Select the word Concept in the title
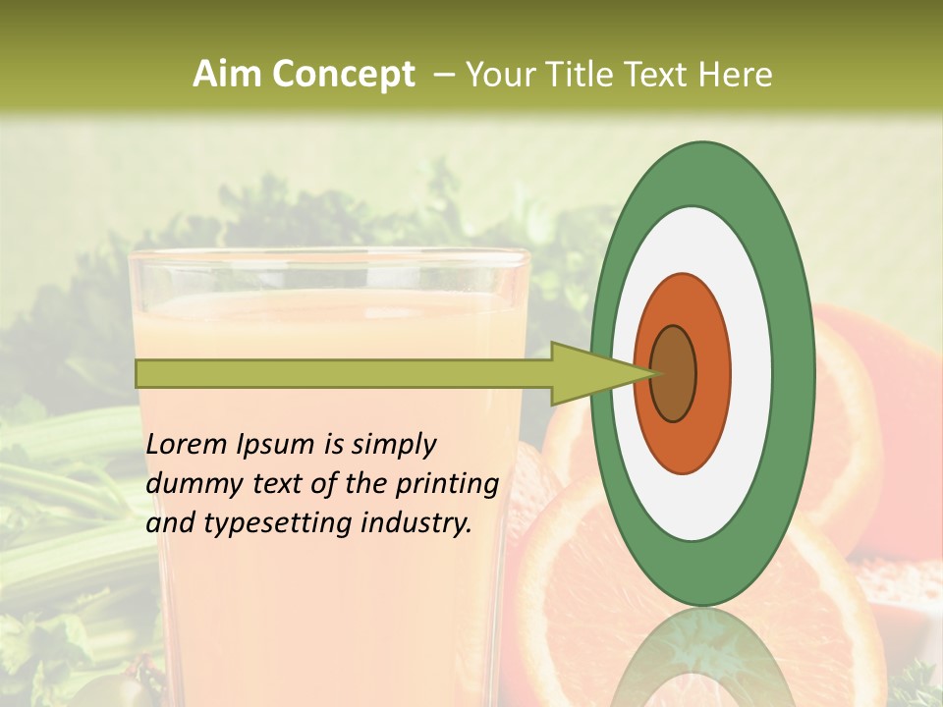coord(342,75)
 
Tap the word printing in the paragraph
coord(447,484)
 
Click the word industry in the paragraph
coord(416,522)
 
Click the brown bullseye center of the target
coord(673,374)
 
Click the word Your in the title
coord(498,75)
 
